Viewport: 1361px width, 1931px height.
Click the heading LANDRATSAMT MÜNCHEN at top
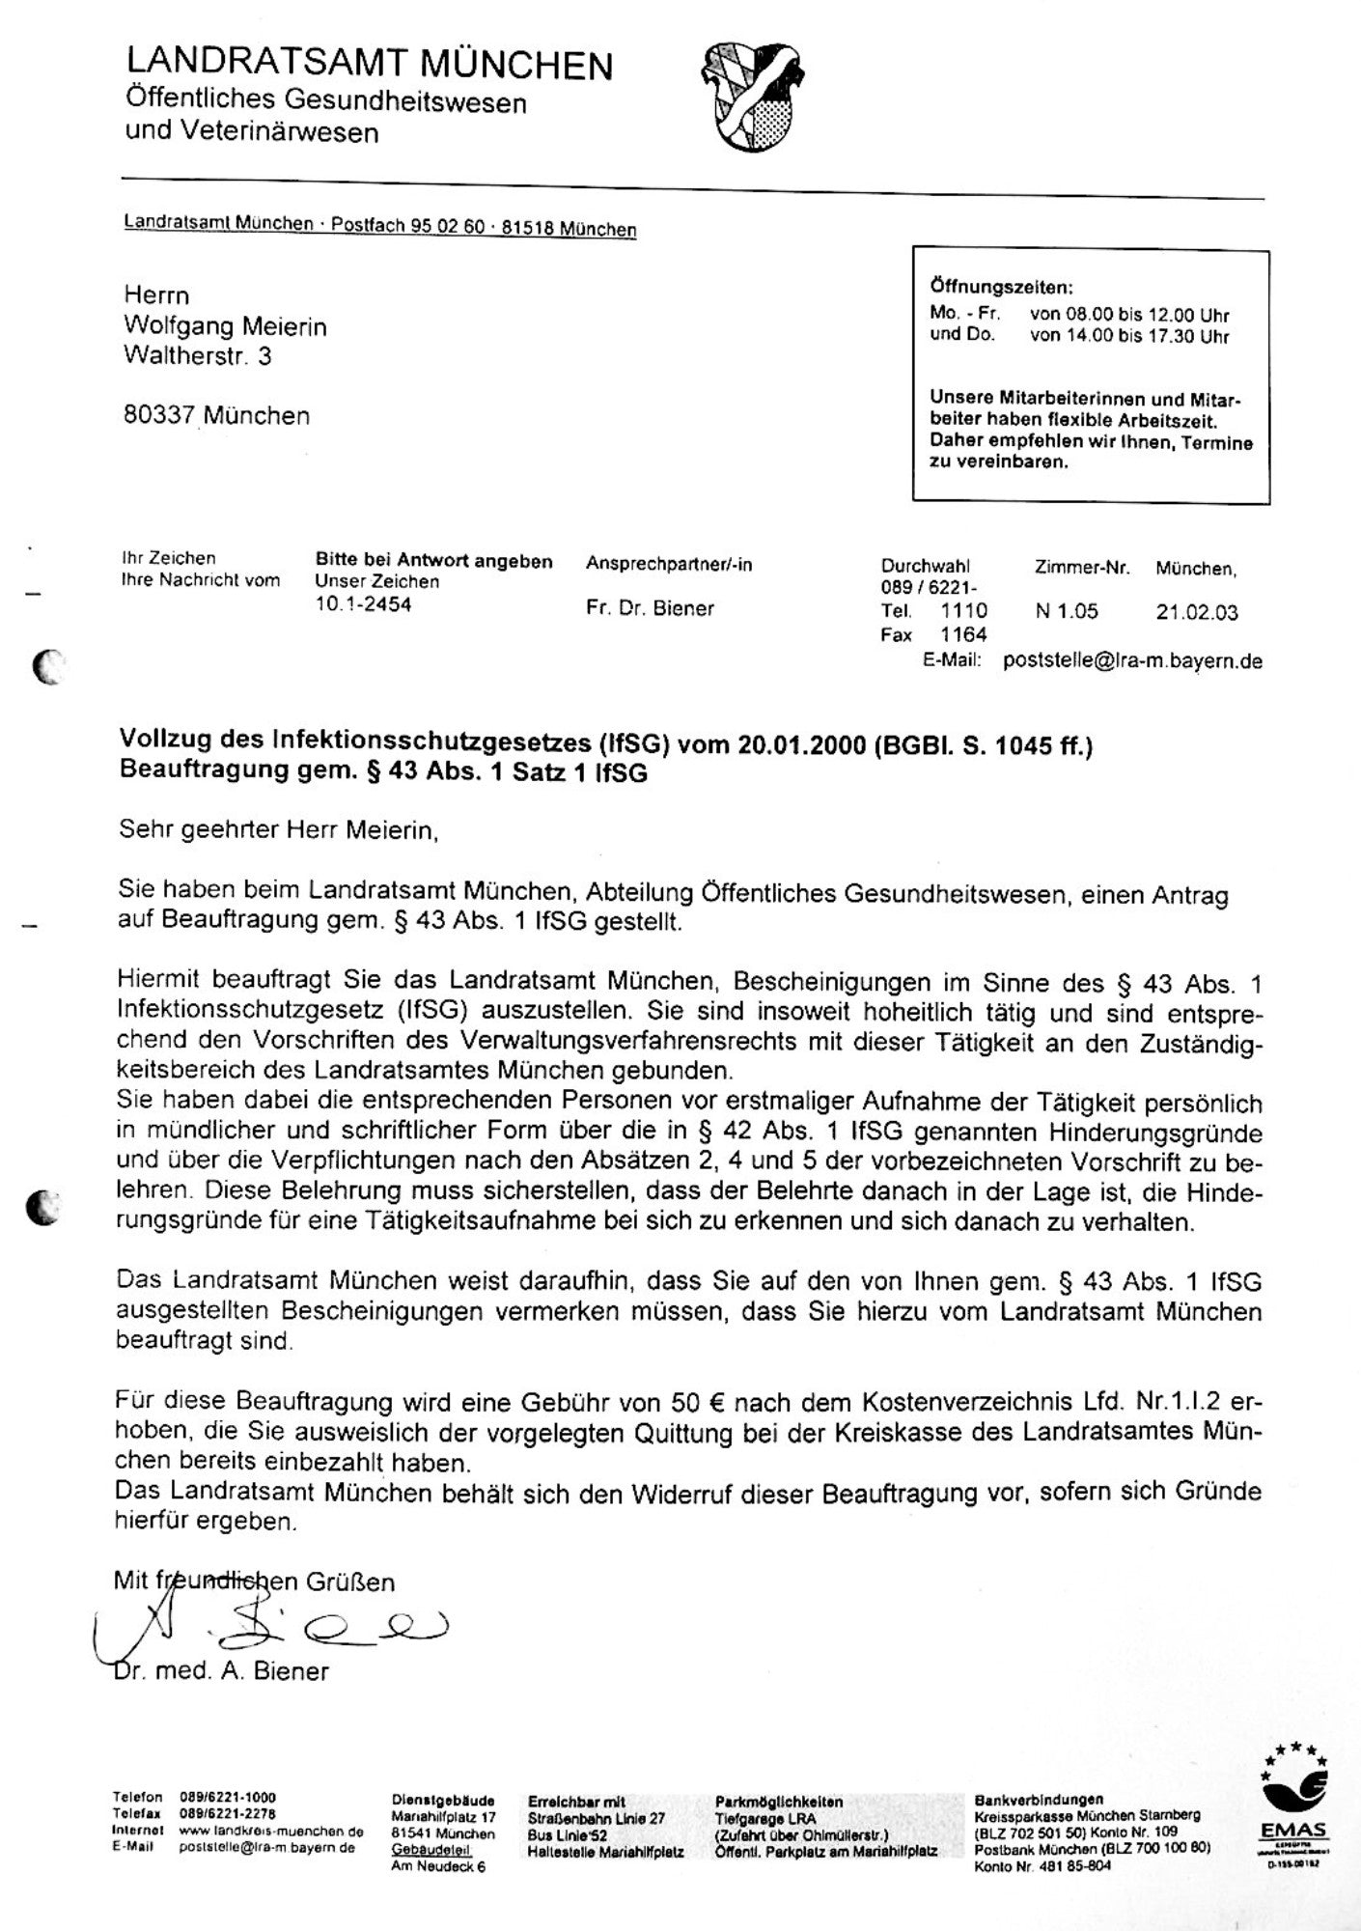(x=369, y=64)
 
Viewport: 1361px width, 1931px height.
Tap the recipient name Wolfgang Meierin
(x=225, y=326)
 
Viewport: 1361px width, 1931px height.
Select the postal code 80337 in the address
(x=158, y=416)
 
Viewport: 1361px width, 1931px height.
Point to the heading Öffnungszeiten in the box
(x=1001, y=287)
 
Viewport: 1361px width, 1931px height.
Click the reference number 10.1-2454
(x=363, y=605)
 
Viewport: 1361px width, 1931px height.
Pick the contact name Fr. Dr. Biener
(x=650, y=608)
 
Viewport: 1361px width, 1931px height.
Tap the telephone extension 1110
(x=963, y=611)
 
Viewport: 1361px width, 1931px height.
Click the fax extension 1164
(x=963, y=634)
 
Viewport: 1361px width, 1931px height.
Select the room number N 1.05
(x=1067, y=611)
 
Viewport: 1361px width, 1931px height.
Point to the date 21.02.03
(x=1197, y=612)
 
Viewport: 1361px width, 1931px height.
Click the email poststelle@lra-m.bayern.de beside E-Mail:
(x=1132, y=660)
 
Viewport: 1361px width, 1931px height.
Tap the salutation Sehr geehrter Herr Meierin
(x=278, y=829)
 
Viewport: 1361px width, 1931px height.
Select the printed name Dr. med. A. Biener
(x=221, y=1671)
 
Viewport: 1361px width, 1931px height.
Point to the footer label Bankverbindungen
(x=1039, y=1800)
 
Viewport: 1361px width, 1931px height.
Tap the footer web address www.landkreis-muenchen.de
(x=271, y=1832)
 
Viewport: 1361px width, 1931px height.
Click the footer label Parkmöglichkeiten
(x=779, y=1802)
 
